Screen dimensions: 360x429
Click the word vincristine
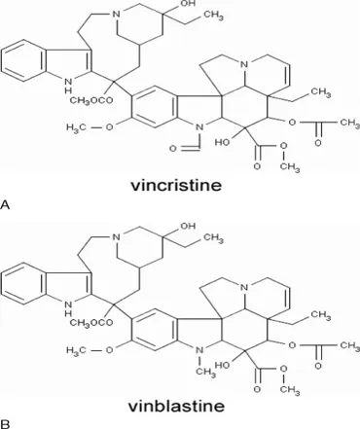pos(176,186)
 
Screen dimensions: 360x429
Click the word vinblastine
pos(176,406)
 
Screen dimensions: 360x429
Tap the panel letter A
pos(5,204)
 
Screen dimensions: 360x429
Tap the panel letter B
pos(5,424)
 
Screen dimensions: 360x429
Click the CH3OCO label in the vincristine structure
pos(91,100)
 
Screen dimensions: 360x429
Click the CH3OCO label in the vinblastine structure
pos(91,322)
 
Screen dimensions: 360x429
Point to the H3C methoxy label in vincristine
pos(76,127)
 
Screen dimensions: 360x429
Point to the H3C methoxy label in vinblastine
pos(76,350)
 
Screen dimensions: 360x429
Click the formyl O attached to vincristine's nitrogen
pos(173,149)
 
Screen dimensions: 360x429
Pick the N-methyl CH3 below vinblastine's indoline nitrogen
pos(205,372)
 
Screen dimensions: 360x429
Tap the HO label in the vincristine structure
pos(223,142)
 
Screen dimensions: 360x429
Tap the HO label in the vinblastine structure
pos(223,365)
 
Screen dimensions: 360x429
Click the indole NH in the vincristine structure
pos(68,84)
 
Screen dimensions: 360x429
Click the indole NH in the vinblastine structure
pos(68,307)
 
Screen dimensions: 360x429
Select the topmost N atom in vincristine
pos(116,14)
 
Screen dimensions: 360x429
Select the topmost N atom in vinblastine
pos(116,237)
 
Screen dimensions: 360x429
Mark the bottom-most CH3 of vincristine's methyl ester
pos(290,167)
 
